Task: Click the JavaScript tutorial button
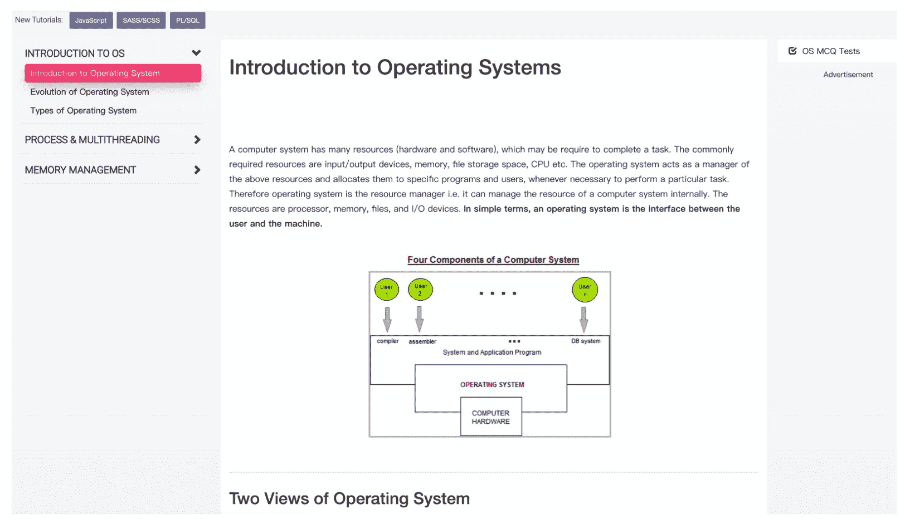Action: (x=91, y=21)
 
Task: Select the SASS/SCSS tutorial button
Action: (x=141, y=21)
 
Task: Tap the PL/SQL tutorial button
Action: (x=187, y=21)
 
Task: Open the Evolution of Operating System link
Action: (x=90, y=92)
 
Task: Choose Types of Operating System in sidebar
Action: (x=84, y=111)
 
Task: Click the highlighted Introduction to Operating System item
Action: (x=113, y=73)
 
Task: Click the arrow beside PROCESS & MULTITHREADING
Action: (x=197, y=140)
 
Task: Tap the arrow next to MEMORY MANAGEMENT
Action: (x=197, y=170)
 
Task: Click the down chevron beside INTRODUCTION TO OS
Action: (x=196, y=53)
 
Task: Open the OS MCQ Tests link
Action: (x=830, y=51)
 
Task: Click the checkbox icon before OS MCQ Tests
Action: (x=792, y=51)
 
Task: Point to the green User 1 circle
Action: (x=387, y=290)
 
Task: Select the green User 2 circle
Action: (x=420, y=290)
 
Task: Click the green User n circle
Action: (x=585, y=290)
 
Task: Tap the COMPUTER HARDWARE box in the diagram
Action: (x=491, y=417)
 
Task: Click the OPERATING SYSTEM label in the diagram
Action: (x=492, y=385)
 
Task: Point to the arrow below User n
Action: (x=583, y=319)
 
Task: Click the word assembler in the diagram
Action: (x=422, y=342)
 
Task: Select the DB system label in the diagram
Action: (x=586, y=341)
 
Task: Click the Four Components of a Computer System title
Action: (x=493, y=260)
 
